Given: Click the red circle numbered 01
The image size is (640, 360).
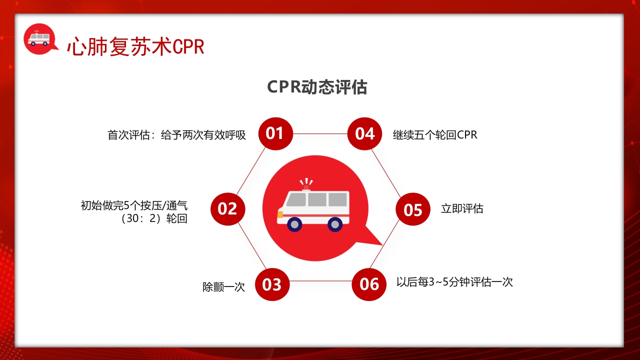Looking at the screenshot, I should [275, 133].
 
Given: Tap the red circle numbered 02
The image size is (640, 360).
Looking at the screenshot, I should [227, 208].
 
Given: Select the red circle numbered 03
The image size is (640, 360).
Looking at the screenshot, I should [272, 284].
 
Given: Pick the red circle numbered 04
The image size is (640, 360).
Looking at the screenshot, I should [364, 133].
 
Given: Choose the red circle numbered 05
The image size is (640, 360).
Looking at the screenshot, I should [413, 209].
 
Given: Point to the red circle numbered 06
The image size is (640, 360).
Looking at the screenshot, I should [369, 284].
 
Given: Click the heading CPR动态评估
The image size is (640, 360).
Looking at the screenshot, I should [317, 87].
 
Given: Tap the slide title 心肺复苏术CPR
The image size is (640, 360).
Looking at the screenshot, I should [135, 46].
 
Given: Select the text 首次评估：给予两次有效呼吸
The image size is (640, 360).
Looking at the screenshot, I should [176, 135].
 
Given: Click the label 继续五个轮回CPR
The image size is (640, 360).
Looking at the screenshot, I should [435, 135].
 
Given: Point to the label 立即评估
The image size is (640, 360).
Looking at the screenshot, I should [462, 209].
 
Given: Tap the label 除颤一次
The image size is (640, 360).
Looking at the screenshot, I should [223, 287].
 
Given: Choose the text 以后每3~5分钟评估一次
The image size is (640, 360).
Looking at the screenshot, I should [454, 282].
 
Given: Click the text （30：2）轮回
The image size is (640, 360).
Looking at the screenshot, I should [153, 219].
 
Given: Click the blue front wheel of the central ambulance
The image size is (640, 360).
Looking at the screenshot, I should [295, 224].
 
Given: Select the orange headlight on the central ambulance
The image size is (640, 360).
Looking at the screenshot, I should [280, 214].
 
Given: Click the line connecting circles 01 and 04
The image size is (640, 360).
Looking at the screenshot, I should [320, 134].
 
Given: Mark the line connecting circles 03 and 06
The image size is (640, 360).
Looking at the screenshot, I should [320, 281].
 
